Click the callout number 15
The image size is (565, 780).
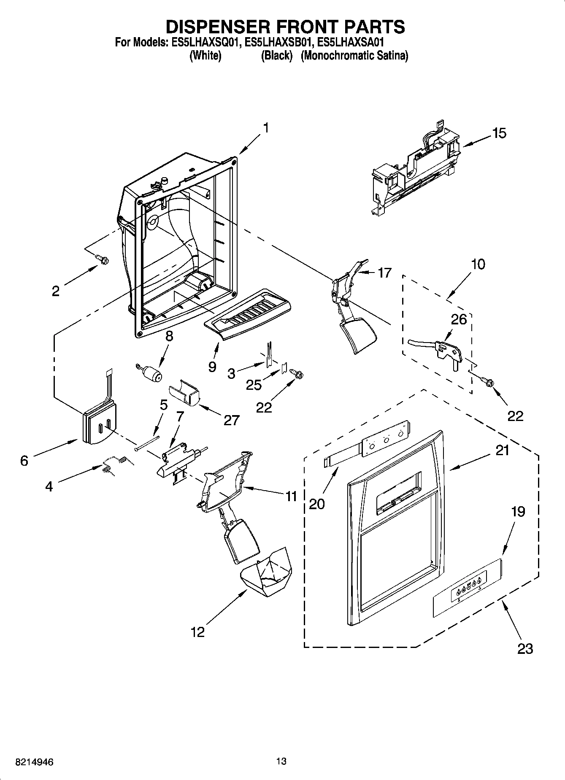pos(499,133)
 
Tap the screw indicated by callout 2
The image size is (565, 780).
pos(101,260)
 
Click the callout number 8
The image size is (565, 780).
pos(169,336)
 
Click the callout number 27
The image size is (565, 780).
pos(232,420)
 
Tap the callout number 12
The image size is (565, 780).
pos(197,632)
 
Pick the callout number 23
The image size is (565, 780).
pos(525,648)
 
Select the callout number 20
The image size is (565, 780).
pos(317,503)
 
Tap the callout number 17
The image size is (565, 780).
pos(384,273)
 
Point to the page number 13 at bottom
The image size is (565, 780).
pos(281,761)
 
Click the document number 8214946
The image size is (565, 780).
pos(34,762)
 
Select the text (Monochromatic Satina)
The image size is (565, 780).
pos(354,55)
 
